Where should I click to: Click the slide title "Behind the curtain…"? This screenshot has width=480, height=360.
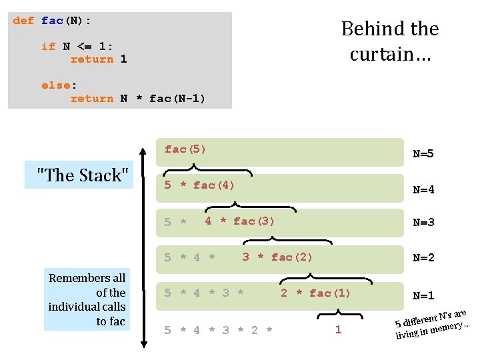(390, 41)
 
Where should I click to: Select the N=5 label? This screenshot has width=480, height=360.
(423, 154)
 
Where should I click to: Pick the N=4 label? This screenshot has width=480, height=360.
(423, 189)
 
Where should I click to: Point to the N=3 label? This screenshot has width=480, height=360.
(423, 223)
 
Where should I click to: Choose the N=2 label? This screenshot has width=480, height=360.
(423, 258)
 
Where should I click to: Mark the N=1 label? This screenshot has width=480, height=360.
(423, 296)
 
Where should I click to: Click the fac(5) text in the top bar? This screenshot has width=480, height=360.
(185, 149)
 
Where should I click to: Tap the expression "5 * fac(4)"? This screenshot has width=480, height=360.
(199, 185)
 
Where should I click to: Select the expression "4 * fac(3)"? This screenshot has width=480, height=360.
(239, 221)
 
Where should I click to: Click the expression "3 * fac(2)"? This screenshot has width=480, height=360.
(277, 257)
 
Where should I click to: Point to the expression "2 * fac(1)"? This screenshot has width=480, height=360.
(315, 293)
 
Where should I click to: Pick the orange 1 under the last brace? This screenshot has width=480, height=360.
(338, 330)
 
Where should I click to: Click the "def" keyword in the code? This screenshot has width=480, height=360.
(23, 21)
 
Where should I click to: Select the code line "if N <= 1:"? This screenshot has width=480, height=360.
(77, 46)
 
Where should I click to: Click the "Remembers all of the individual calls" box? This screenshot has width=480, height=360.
(87, 300)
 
